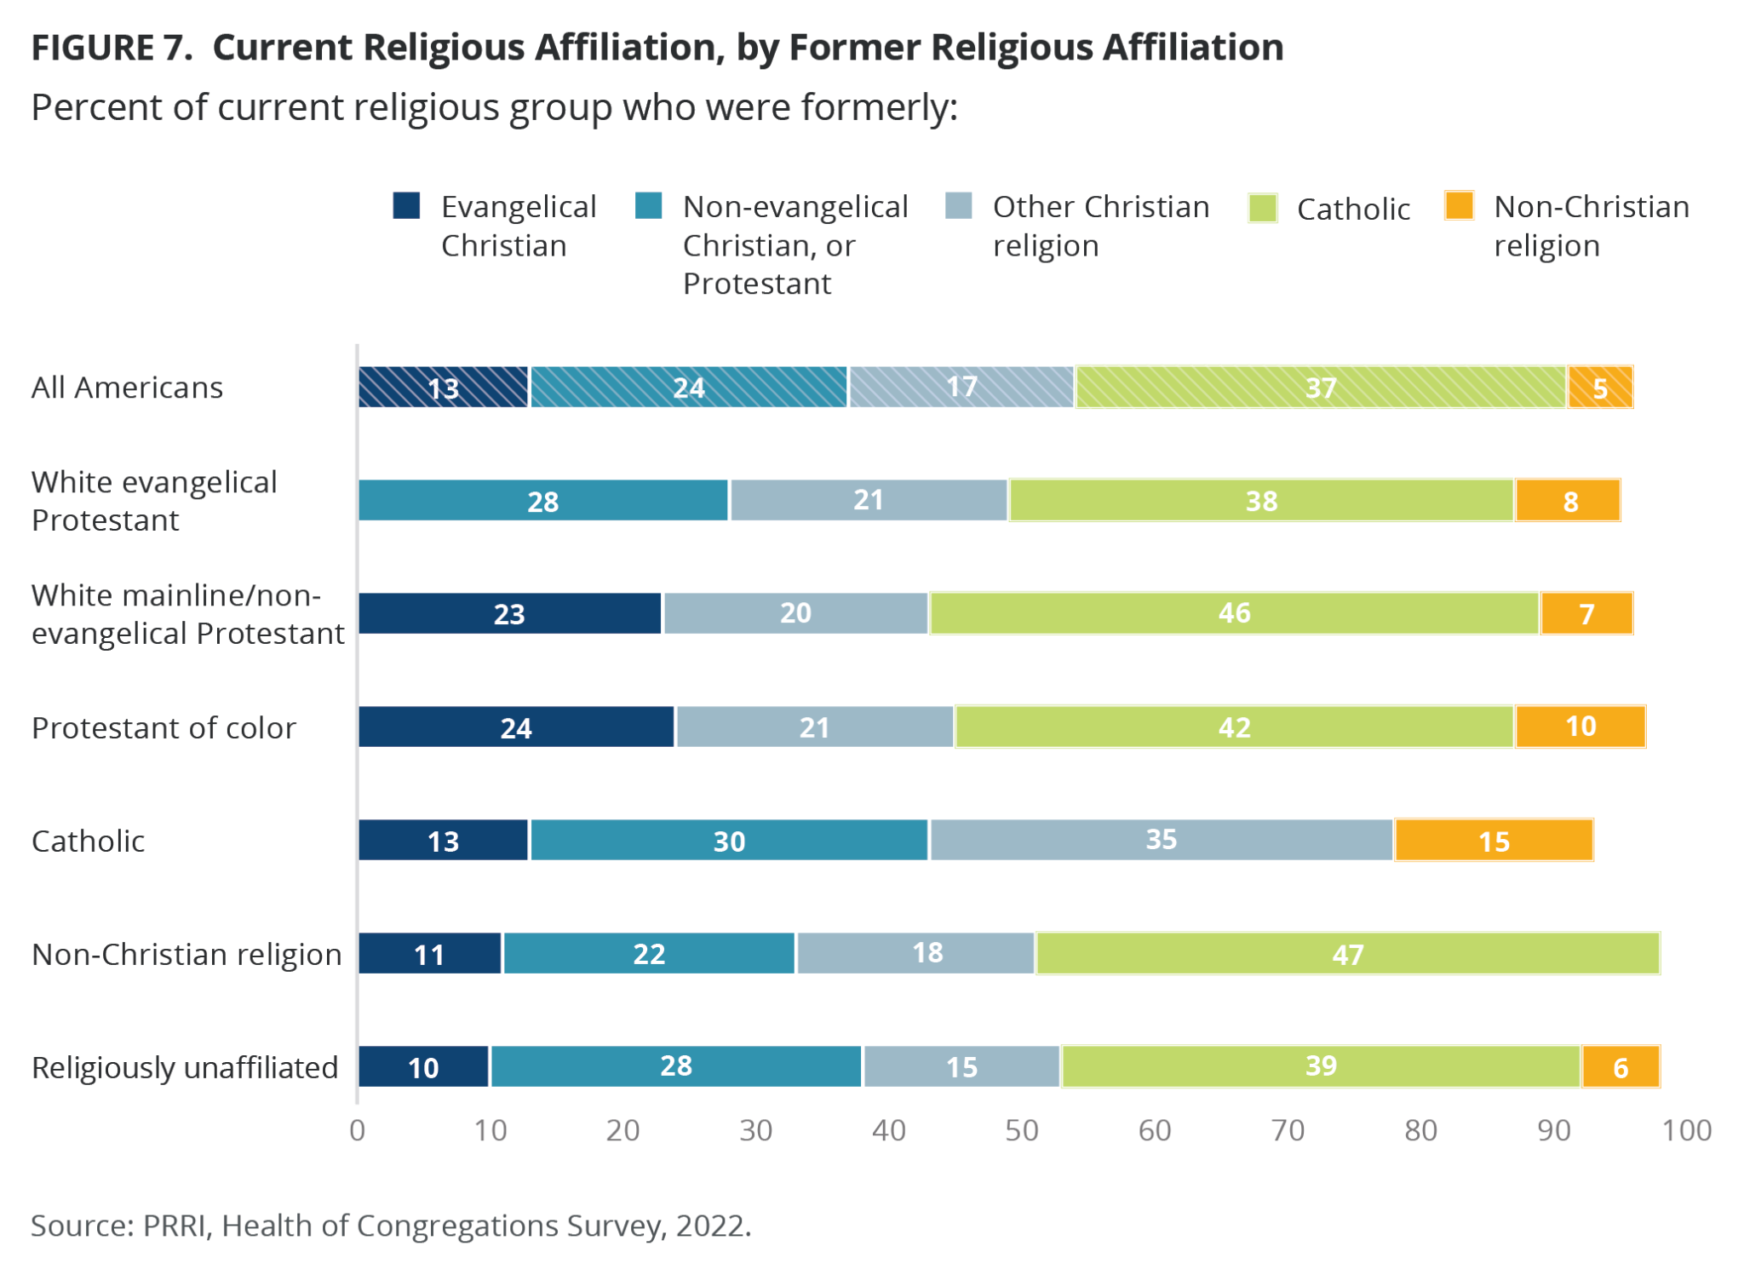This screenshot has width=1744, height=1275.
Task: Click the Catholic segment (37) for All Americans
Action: pyautogui.click(x=1320, y=388)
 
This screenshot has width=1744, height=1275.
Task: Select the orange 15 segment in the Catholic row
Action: pyautogui.click(x=1494, y=841)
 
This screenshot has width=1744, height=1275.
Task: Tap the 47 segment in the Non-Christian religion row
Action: pyautogui.click(x=1347, y=954)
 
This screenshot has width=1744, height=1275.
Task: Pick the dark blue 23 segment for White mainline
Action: pyautogui.click(x=509, y=614)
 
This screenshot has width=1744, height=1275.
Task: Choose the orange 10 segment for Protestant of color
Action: pyautogui.click(x=1580, y=727)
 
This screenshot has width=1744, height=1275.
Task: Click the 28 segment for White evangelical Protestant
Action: pyautogui.click(x=543, y=501)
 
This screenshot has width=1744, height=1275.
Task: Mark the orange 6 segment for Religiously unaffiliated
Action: pyautogui.click(x=1621, y=1067)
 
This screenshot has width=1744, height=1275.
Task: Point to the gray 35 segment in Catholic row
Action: pyautogui.click(x=1161, y=841)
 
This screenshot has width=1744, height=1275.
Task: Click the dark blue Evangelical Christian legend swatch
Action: pyautogui.click(x=407, y=206)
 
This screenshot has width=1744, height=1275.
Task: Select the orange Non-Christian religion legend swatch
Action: pyautogui.click(x=1459, y=206)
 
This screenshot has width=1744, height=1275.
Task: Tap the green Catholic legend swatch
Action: pyautogui.click(x=1262, y=208)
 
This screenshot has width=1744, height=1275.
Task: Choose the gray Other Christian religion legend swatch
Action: pyautogui.click(x=959, y=206)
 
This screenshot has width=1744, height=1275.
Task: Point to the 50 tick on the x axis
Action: pyautogui.click(x=1022, y=1130)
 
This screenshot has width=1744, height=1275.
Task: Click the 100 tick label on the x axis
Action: pyautogui.click(x=1687, y=1130)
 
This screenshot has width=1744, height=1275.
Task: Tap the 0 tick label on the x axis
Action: pyautogui.click(x=358, y=1130)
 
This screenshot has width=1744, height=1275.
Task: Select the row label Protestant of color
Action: pyautogui.click(x=163, y=728)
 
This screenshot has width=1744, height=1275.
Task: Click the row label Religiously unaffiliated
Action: pyautogui.click(x=185, y=1067)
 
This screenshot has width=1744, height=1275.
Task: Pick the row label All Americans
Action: pyautogui.click(x=127, y=388)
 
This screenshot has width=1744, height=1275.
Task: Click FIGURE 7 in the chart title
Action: pyautogui.click(x=112, y=48)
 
